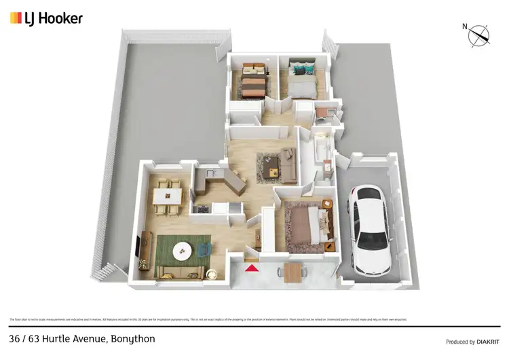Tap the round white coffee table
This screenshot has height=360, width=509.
183,251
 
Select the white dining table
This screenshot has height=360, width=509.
166,196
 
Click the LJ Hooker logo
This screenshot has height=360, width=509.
46,18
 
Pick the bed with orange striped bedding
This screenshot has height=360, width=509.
252,84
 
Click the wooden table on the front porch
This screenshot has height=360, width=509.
293,272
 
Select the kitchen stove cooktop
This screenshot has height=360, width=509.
201,209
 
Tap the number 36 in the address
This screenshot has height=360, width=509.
15,338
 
